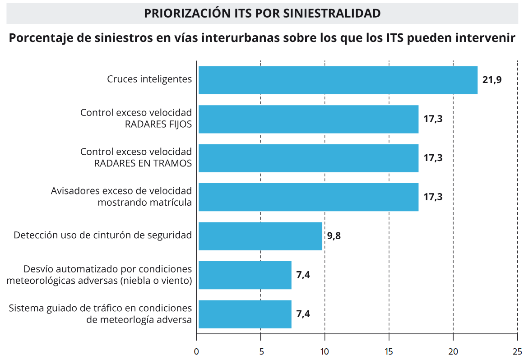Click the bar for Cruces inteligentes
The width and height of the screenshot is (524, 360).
(x=338, y=80)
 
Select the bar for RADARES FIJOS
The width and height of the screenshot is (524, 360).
(x=308, y=119)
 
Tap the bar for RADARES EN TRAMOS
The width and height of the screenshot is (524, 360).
(x=308, y=158)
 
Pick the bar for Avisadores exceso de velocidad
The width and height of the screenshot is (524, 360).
(x=308, y=197)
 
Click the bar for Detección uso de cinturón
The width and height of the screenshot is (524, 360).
(x=260, y=236)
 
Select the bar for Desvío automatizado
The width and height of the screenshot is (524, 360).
(x=245, y=275)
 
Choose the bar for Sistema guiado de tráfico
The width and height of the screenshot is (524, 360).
(x=245, y=314)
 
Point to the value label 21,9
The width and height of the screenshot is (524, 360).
(x=492, y=80)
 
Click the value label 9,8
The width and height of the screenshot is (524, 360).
(x=334, y=236)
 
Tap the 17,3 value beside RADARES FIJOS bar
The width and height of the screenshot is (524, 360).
(x=433, y=119)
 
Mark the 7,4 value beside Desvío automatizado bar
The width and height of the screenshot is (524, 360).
(x=303, y=275)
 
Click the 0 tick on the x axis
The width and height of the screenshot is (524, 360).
(x=196, y=351)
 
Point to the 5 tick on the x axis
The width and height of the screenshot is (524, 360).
(x=260, y=351)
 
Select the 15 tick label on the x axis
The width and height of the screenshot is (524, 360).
(x=389, y=351)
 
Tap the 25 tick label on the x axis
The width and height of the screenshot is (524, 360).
(x=517, y=351)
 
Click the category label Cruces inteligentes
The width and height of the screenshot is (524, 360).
(x=149, y=79)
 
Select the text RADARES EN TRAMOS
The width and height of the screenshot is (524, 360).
(x=143, y=163)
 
